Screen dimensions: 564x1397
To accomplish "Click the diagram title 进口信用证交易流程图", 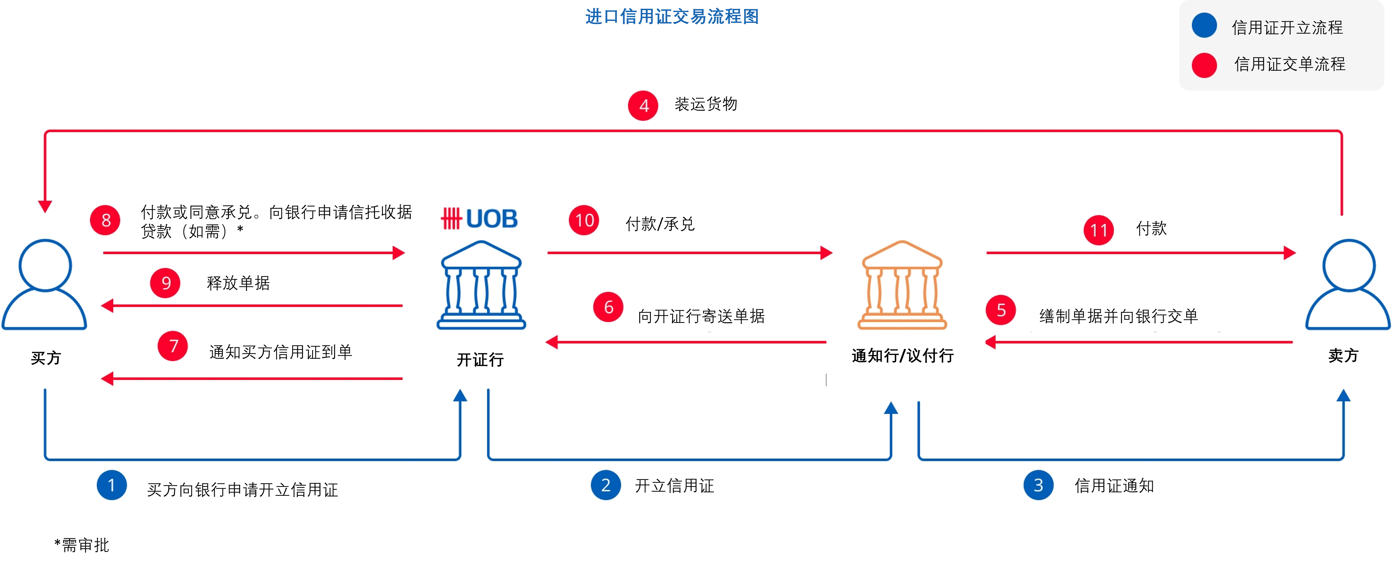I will click(672, 17).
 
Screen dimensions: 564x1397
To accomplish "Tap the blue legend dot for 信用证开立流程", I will click(1204, 25).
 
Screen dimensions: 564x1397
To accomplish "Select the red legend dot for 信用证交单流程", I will click(1204, 65).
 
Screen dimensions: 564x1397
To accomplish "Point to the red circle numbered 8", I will click(105, 220).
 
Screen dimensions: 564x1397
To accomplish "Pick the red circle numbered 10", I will click(584, 220).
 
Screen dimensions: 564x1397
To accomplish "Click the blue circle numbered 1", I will click(112, 485).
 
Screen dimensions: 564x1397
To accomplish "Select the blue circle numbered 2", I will click(606, 485).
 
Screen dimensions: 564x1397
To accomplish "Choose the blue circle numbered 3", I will click(1038, 485).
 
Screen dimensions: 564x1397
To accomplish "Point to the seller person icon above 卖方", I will click(1348, 285).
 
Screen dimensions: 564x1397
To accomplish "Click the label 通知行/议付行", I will click(902, 356).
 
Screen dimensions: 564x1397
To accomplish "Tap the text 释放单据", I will click(238, 283).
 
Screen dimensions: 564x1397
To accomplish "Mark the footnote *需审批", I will click(82, 545).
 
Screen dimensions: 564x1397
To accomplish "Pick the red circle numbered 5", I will click(1000, 310).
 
